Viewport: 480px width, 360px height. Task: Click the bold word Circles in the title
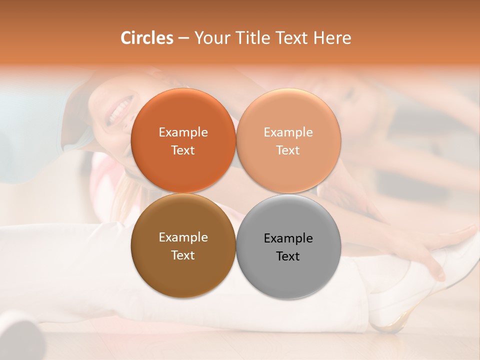pyautogui.click(x=146, y=38)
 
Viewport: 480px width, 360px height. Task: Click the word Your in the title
pyautogui.click(x=211, y=38)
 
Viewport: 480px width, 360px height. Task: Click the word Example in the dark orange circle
pyautogui.click(x=183, y=132)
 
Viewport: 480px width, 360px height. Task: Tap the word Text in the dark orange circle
pyautogui.click(x=183, y=150)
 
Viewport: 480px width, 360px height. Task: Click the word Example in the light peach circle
pyautogui.click(x=288, y=132)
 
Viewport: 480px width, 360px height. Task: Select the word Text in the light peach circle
pyautogui.click(x=288, y=150)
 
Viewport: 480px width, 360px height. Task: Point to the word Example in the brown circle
pyautogui.click(x=183, y=237)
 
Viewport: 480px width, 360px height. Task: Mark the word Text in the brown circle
pyautogui.click(x=183, y=255)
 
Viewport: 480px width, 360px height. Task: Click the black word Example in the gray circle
pyautogui.click(x=288, y=238)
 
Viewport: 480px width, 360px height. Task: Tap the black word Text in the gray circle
pyautogui.click(x=288, y=256)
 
